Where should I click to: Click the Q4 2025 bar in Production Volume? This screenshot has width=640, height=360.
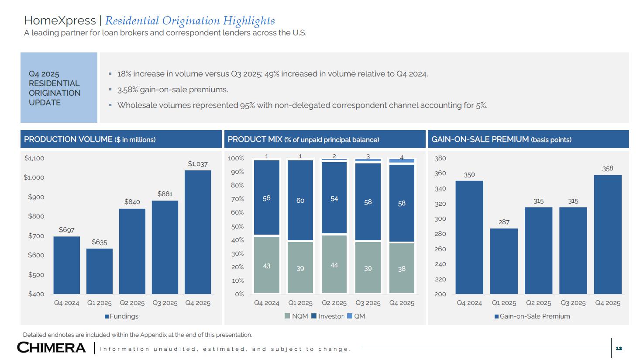click(198, 232)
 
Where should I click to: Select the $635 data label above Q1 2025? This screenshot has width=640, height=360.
click(100, 242)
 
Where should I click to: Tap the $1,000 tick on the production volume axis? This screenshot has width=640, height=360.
click(34, 177)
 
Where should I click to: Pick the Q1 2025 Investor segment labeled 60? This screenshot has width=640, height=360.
click(300, 200)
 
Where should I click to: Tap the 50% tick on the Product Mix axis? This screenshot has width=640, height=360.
click(236, 226)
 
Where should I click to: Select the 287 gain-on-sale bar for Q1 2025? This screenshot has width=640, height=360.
click(504, 261)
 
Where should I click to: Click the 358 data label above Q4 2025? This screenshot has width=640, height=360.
click(608, 169)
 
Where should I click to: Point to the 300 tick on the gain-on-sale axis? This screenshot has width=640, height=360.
click(440, 219)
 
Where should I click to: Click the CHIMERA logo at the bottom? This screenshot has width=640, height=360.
click(52, 348)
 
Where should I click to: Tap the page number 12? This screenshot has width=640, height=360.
click(619, 348)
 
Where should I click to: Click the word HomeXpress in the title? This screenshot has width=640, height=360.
click(60, 21)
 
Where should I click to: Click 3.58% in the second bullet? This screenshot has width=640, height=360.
click(127, 90)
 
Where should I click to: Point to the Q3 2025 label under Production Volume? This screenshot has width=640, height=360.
click(165, 303)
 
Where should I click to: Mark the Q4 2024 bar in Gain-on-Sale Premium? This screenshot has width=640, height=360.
click(469, 237)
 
